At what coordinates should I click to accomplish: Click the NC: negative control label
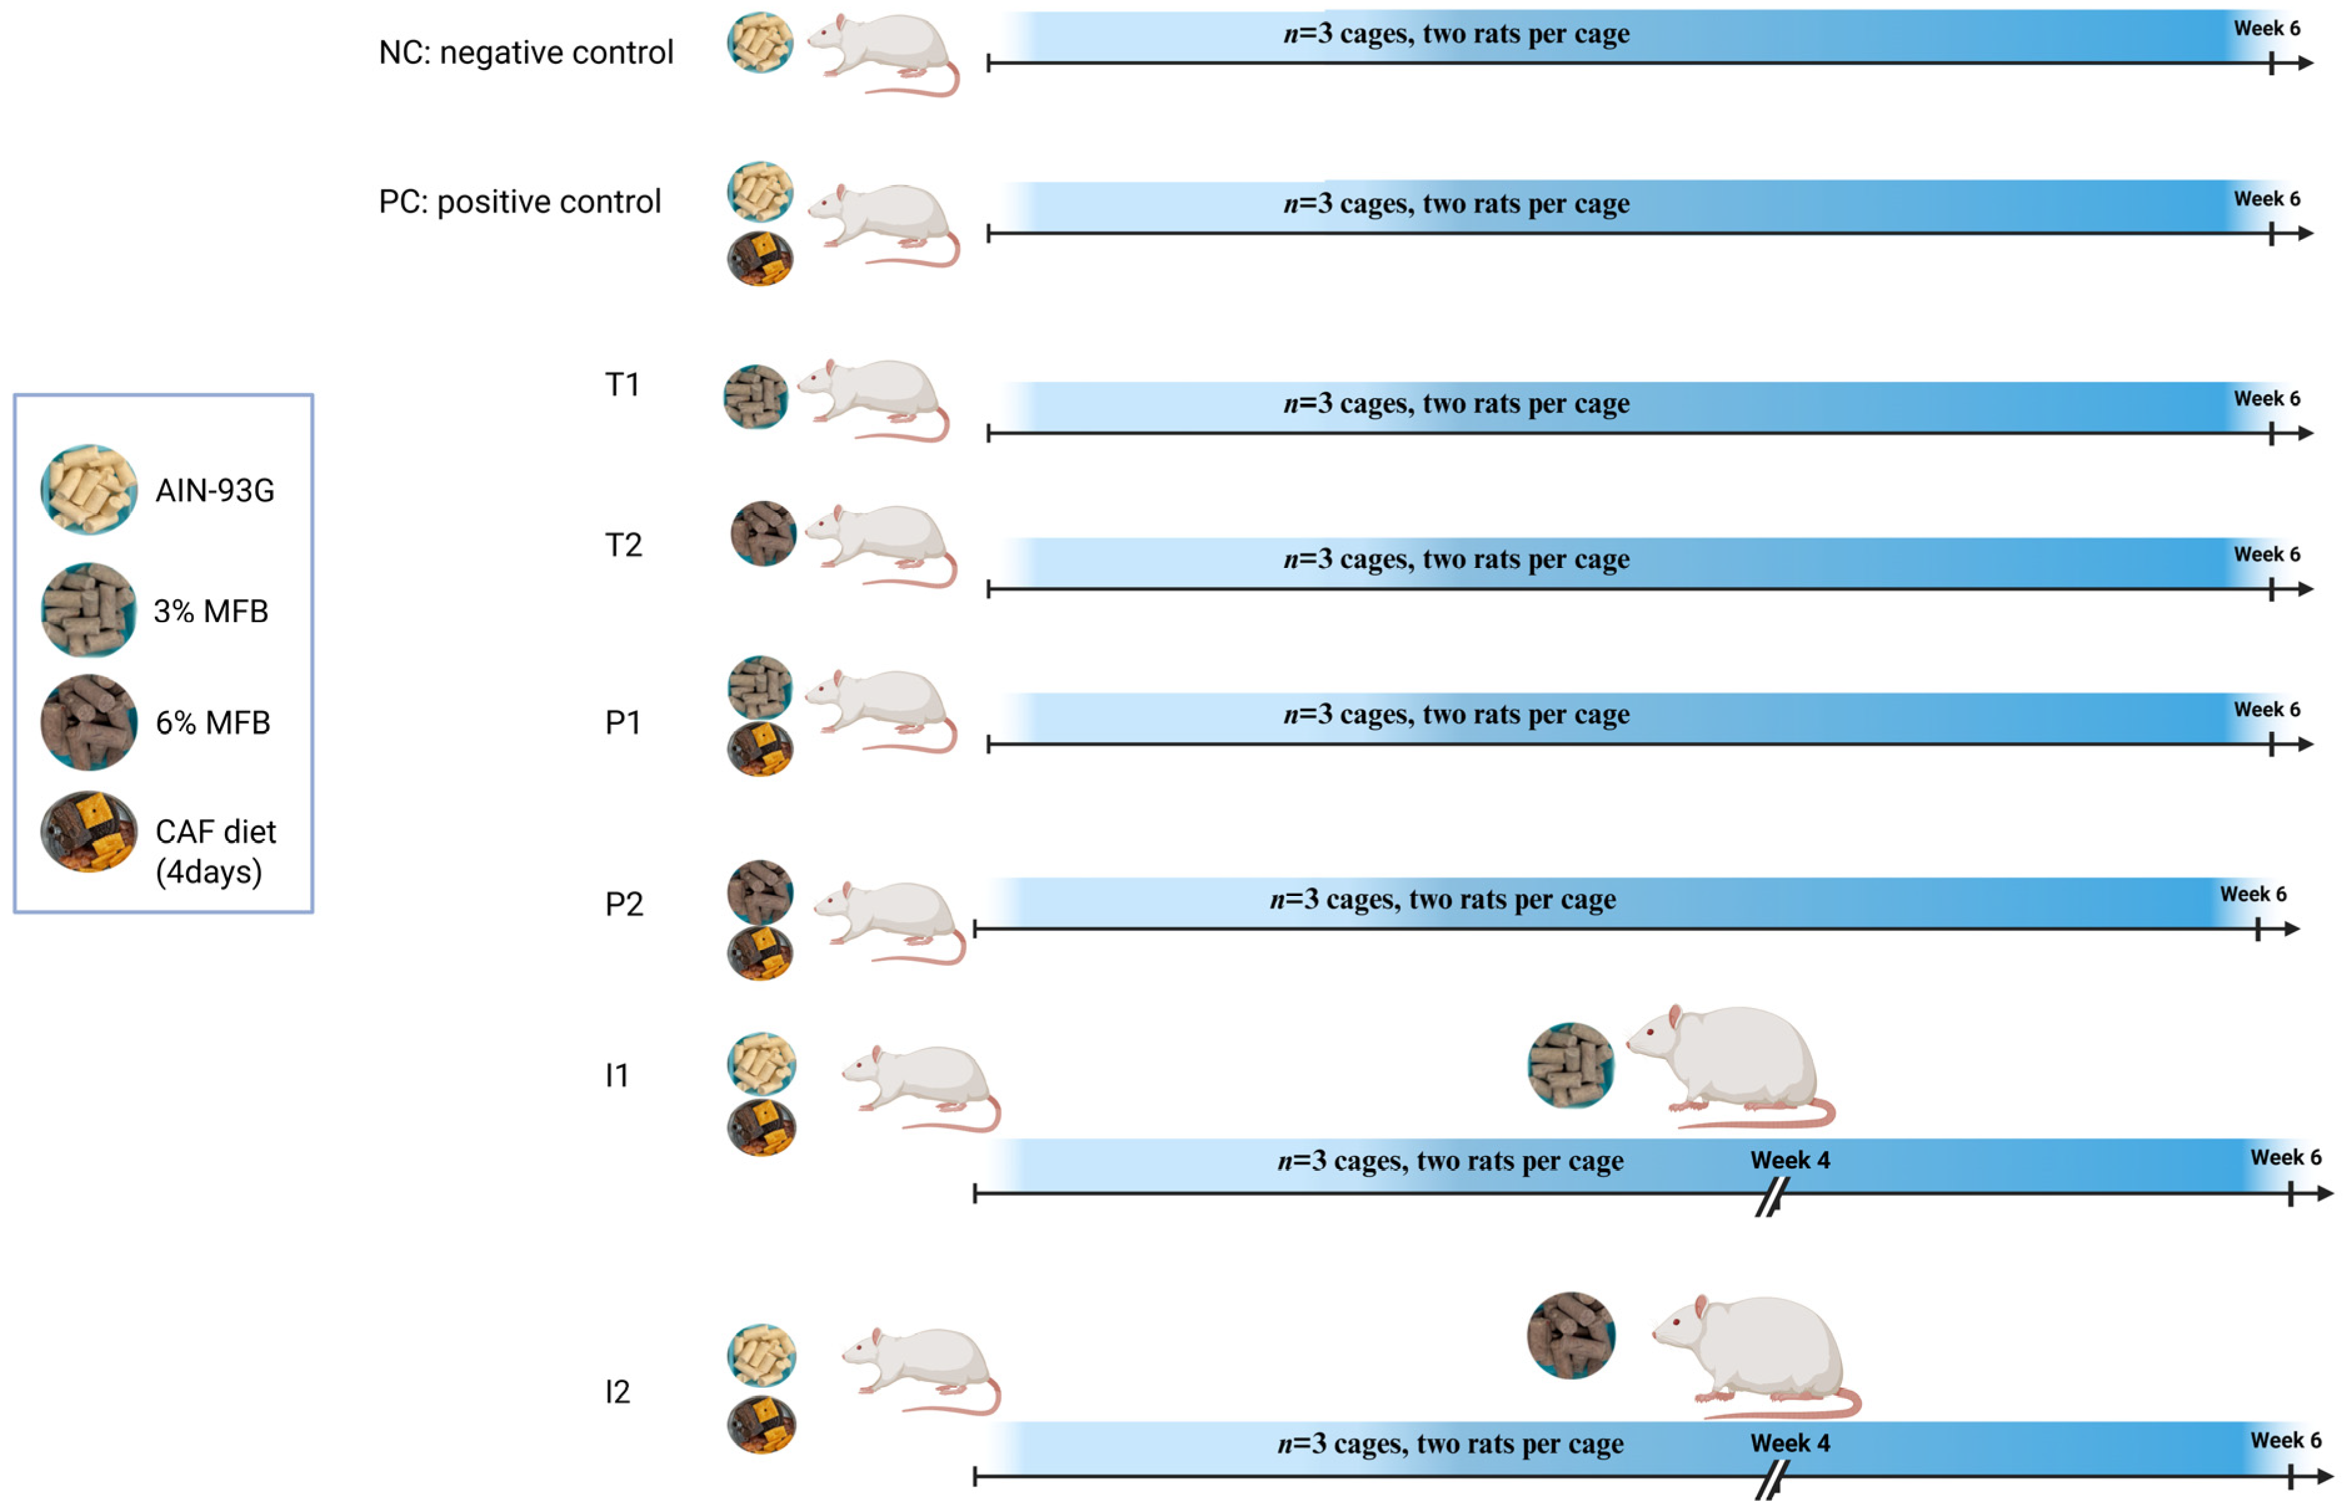(x=526, y=52)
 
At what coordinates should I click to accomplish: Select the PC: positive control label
(x=519, y=201)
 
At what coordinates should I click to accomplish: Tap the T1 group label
(x=622, y=384)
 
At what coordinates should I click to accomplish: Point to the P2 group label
(x=624, y=903)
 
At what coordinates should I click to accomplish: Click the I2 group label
(x=617, y=1391)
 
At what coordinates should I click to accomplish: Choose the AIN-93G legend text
(x=215, y=490)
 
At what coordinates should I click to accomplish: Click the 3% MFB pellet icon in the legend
(x=88, y=610)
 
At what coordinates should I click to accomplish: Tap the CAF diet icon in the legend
(x=88, y=832)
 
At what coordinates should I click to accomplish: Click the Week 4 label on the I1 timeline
(x=1789, y=1160)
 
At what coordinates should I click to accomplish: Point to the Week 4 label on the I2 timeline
(x=1789, y=1442)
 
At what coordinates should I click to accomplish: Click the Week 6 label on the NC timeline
(x=2266, y=29)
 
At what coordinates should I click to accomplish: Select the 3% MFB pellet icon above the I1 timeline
(x=1570, y=1065)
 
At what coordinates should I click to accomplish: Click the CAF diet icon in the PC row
(x=760, y=258)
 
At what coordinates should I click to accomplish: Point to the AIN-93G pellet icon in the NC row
(x=760, y=42)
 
